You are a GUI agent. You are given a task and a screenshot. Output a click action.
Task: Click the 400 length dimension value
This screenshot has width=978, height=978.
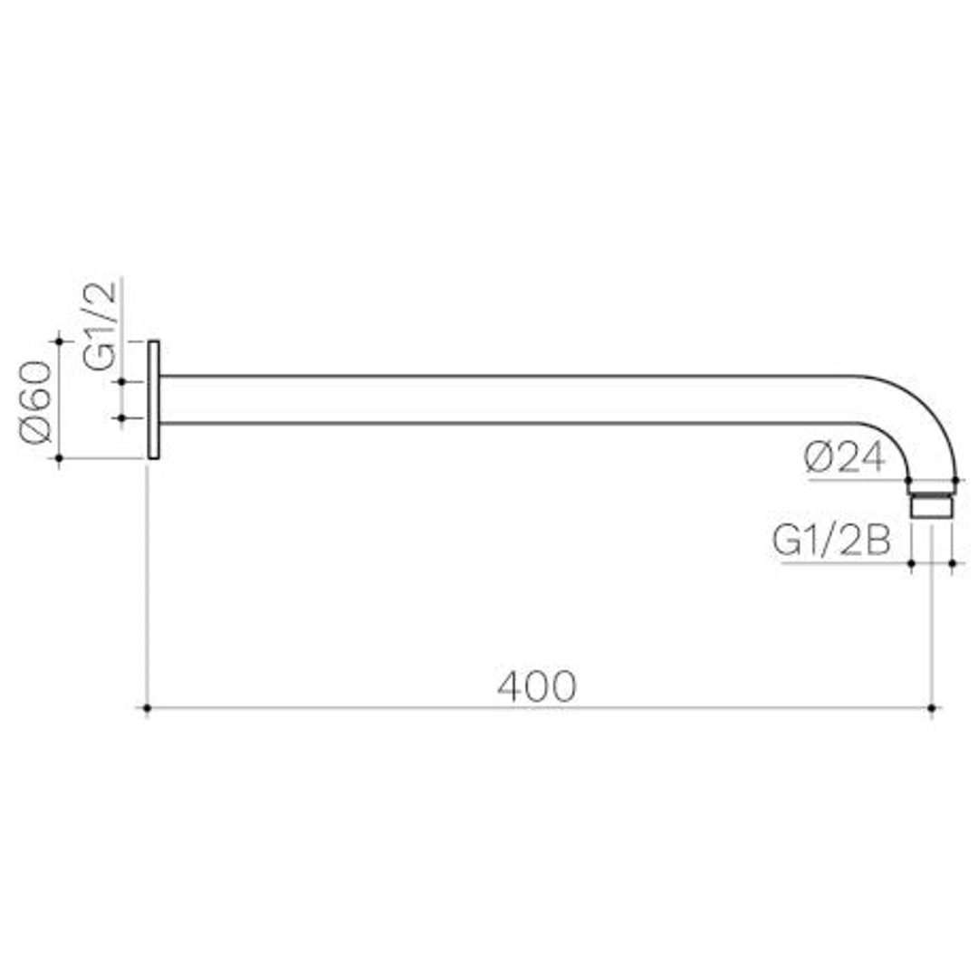536,687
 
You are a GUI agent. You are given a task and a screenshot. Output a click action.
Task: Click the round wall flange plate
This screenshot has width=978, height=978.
153,399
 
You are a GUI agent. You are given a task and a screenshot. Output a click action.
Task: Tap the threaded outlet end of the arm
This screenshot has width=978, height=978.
932,503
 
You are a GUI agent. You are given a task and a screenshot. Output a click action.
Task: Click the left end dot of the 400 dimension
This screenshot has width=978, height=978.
147,708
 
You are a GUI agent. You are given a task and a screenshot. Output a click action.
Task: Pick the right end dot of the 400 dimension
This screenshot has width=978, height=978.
932,708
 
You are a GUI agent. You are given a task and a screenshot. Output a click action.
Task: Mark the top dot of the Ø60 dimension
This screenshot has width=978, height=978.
60,340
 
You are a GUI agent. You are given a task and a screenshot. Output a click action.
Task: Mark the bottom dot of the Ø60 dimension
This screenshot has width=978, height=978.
60,458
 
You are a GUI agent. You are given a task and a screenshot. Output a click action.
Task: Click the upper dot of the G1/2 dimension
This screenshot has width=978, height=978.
122,382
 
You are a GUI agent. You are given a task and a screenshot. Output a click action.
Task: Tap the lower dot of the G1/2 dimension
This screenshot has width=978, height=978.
122,417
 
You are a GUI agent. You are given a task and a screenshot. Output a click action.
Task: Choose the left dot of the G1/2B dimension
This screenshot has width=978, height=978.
910,563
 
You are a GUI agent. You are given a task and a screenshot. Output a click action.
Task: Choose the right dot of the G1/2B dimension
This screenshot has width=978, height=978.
953,563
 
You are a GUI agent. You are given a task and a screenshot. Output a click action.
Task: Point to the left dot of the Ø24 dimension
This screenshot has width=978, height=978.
908,480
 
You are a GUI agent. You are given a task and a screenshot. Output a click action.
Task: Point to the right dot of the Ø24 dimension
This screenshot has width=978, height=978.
955,480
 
